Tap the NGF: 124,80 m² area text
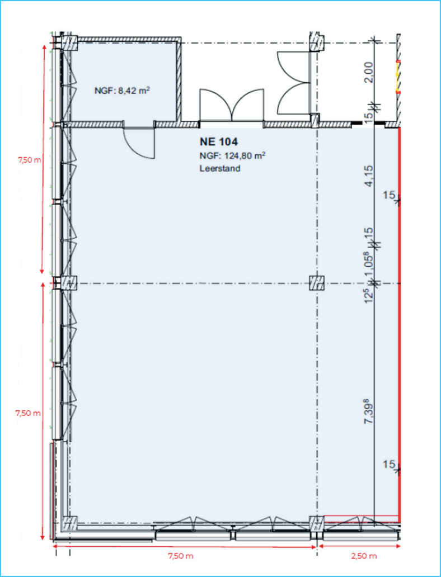point(233,155)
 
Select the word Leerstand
point(220,169)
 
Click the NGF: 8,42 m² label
point(122,91)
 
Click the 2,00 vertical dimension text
point(369,73)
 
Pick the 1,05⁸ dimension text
point(369,265)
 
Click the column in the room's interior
point(316,283)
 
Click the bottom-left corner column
point(69,524)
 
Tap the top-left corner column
point(69,43)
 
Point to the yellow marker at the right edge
point(397,77)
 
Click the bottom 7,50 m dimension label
point(181,556)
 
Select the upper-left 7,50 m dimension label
point(29,160)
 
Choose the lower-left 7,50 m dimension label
point(27,413)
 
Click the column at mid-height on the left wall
point(69,283)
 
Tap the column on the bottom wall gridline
point(316,523)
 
